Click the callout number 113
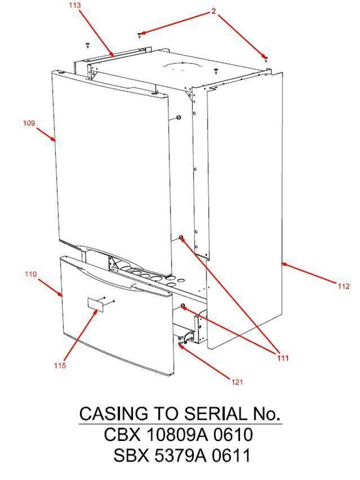74,5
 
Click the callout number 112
343,287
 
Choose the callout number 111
283,358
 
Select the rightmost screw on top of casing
265,58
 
